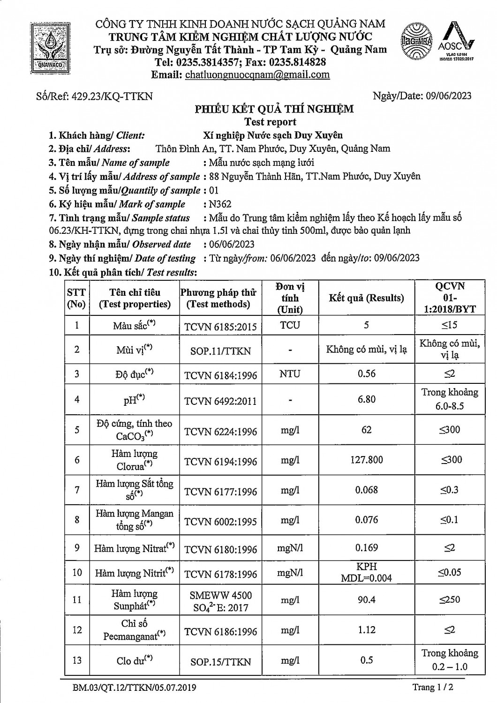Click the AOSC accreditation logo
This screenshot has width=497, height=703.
[x=456, y=42]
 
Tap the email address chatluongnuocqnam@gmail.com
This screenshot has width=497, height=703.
[x=257, y=75]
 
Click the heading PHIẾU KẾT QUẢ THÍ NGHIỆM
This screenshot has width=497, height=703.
[x=274, y=109]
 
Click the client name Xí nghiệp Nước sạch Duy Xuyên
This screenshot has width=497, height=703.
[x=273, y=135]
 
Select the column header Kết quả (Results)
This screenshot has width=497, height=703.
[x=366, y=298]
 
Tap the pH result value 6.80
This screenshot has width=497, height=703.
[x=366, y=399]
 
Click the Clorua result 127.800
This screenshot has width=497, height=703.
[x=367, y=460]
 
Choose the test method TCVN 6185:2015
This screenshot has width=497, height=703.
[x=220, y=326]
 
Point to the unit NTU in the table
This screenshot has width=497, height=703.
[x=290, y=374]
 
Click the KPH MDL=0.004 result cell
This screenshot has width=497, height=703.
[x=366, y=572]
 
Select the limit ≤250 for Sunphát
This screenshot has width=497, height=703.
[x=449, y=599]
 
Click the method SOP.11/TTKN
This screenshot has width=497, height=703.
[x=220, y=351]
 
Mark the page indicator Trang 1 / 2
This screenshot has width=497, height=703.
[x=432, y=688]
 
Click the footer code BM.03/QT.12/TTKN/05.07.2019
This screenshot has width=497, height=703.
[x=135, y=688]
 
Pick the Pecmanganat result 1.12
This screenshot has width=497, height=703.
[x=366, y=629]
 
